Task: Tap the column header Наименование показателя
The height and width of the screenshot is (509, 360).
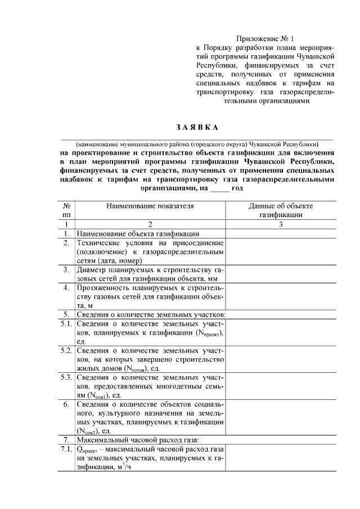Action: pyautogui.click(x=150, y=206)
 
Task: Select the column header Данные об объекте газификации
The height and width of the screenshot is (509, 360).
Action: pyautogui.click(x=281, y=210)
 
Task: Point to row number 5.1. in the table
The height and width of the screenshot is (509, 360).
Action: pyautogui.click(x=66, y=325)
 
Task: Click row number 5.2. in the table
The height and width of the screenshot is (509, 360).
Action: pyautogui.click(x=66, y=350)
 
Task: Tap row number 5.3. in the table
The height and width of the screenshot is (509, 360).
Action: pyautogui.click(x=66, y=377)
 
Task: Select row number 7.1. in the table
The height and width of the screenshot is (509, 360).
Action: pyautogui.click(x=66, y=449)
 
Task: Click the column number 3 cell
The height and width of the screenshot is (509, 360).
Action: pyautogui.click(x=281, y=224)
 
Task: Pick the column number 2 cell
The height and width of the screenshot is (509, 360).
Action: pyautogui.click(x=150, y=224)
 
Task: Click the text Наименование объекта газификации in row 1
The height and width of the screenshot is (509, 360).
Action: pyautogui.click(x=138, y=233)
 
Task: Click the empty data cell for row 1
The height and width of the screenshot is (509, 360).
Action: pyautogui.click(x=281, y=233)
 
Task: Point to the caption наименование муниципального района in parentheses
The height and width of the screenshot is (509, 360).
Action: pyautogui.click(x=196, y=142)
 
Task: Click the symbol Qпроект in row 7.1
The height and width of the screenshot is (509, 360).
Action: pyautogui.click(x=88, y=449)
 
